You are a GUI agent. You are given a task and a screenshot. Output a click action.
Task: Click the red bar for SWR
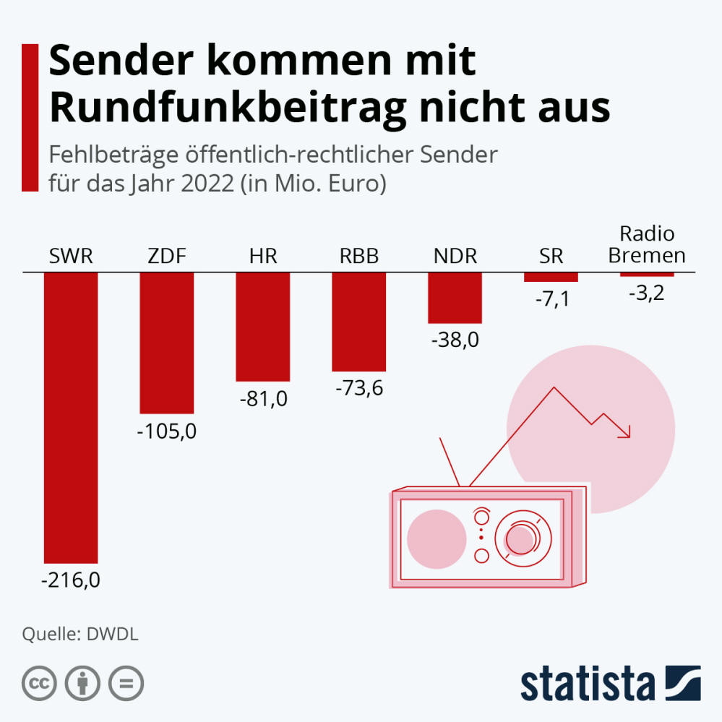tap(71, 417)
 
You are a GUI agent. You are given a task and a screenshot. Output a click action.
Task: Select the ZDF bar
tap(167, 343)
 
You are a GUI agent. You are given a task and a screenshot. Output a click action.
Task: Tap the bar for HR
tap(263, 327)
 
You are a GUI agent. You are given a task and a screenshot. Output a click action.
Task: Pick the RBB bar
tap(358, 322)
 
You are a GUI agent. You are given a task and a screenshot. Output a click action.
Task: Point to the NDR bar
tap(455, 298)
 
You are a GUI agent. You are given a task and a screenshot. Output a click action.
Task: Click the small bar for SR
tap(551, 278)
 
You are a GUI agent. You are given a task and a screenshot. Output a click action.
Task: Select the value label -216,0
tap(71, 580)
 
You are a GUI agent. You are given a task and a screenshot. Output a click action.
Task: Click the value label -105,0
tap(167, 431)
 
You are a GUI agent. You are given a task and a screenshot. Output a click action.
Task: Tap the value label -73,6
tap(359, 388)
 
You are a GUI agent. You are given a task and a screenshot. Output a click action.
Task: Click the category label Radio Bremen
tap(647, 245)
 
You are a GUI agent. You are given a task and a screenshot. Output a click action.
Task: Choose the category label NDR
tap(455, 256)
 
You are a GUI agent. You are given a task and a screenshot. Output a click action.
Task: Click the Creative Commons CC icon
tap(40, 683)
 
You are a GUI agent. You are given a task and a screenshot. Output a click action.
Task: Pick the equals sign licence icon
tap(126, 683)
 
